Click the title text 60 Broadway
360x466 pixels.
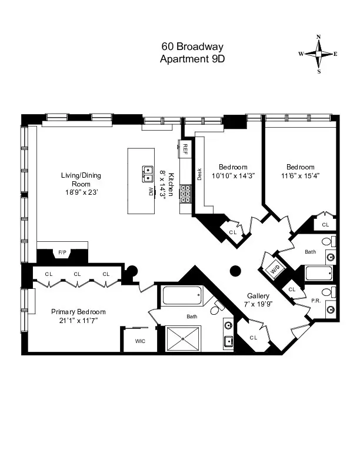tap(192, 46)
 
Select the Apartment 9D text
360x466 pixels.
tap(192, 58)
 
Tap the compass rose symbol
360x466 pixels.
tap(319, 54)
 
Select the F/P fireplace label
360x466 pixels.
tap(62, 253)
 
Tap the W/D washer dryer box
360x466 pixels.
tap(275, 270)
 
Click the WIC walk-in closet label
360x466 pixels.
tap(140, 340)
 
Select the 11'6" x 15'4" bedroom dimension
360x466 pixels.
tap(300, 175)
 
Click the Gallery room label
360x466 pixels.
tap(258, 297)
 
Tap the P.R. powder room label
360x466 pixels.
tap(315, 300)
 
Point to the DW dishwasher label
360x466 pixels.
tap(149, 192)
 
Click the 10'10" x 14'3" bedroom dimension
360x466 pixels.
tap(233, 175)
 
